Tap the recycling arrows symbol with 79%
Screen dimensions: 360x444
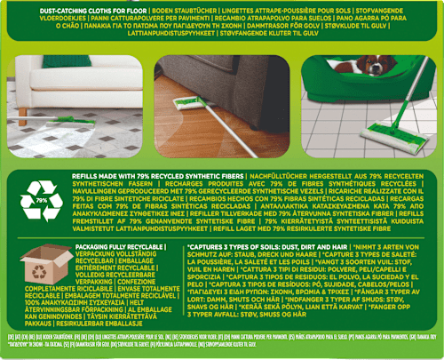pyautogui.click(x=41, y=204)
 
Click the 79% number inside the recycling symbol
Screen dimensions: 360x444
pyautogui.click(x=41, y=203)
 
